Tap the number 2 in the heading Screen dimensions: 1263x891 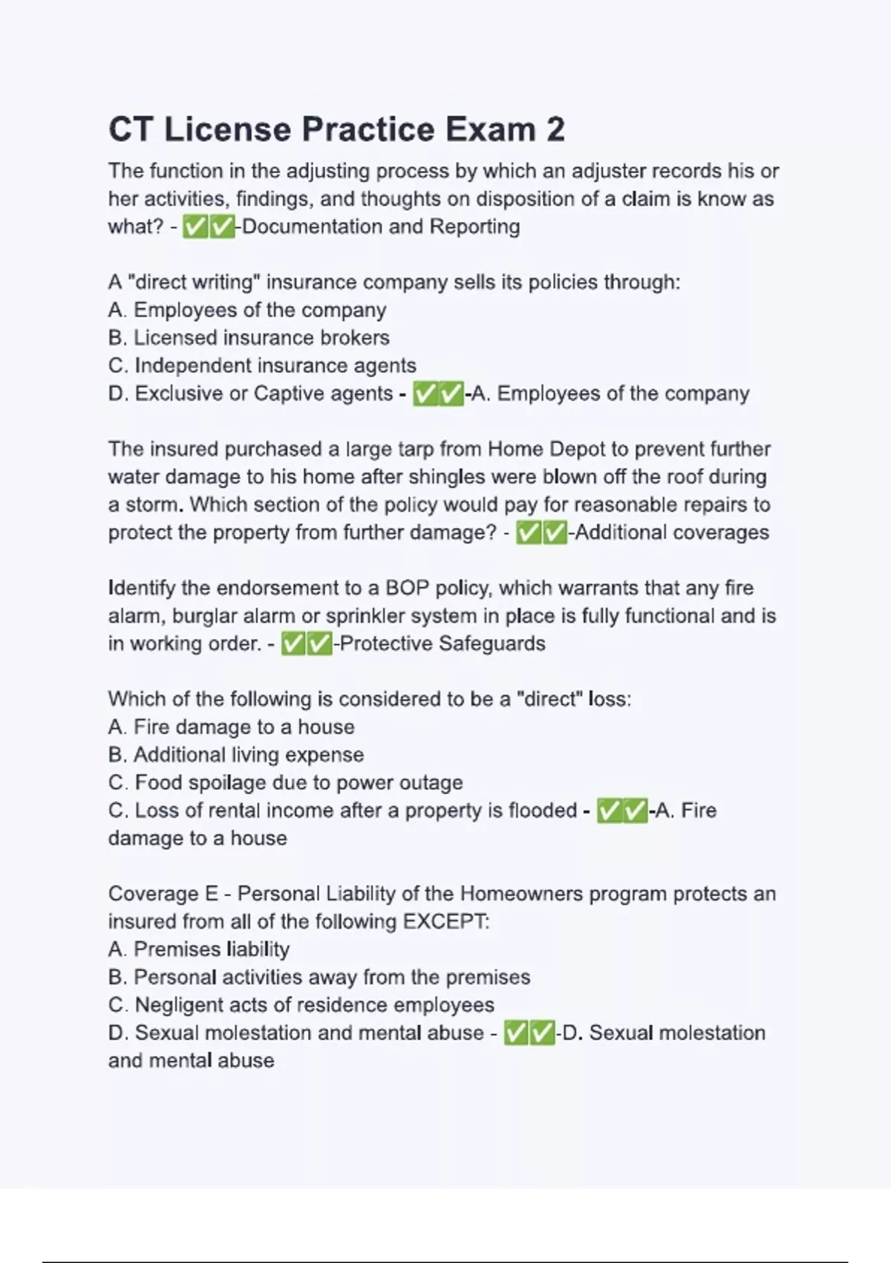point(555,129)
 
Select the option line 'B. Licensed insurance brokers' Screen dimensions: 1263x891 point(249,338)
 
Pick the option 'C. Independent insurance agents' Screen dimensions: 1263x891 point(262,366)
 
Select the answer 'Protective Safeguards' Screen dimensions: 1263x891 point(443,643)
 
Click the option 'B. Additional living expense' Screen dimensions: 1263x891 point(236,755)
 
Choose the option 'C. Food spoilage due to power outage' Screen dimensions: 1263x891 point(285,782)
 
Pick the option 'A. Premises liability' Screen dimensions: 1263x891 point(199,949)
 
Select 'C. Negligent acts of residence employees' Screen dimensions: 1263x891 point(301,1005)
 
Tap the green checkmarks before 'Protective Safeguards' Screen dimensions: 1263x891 point(307,643)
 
